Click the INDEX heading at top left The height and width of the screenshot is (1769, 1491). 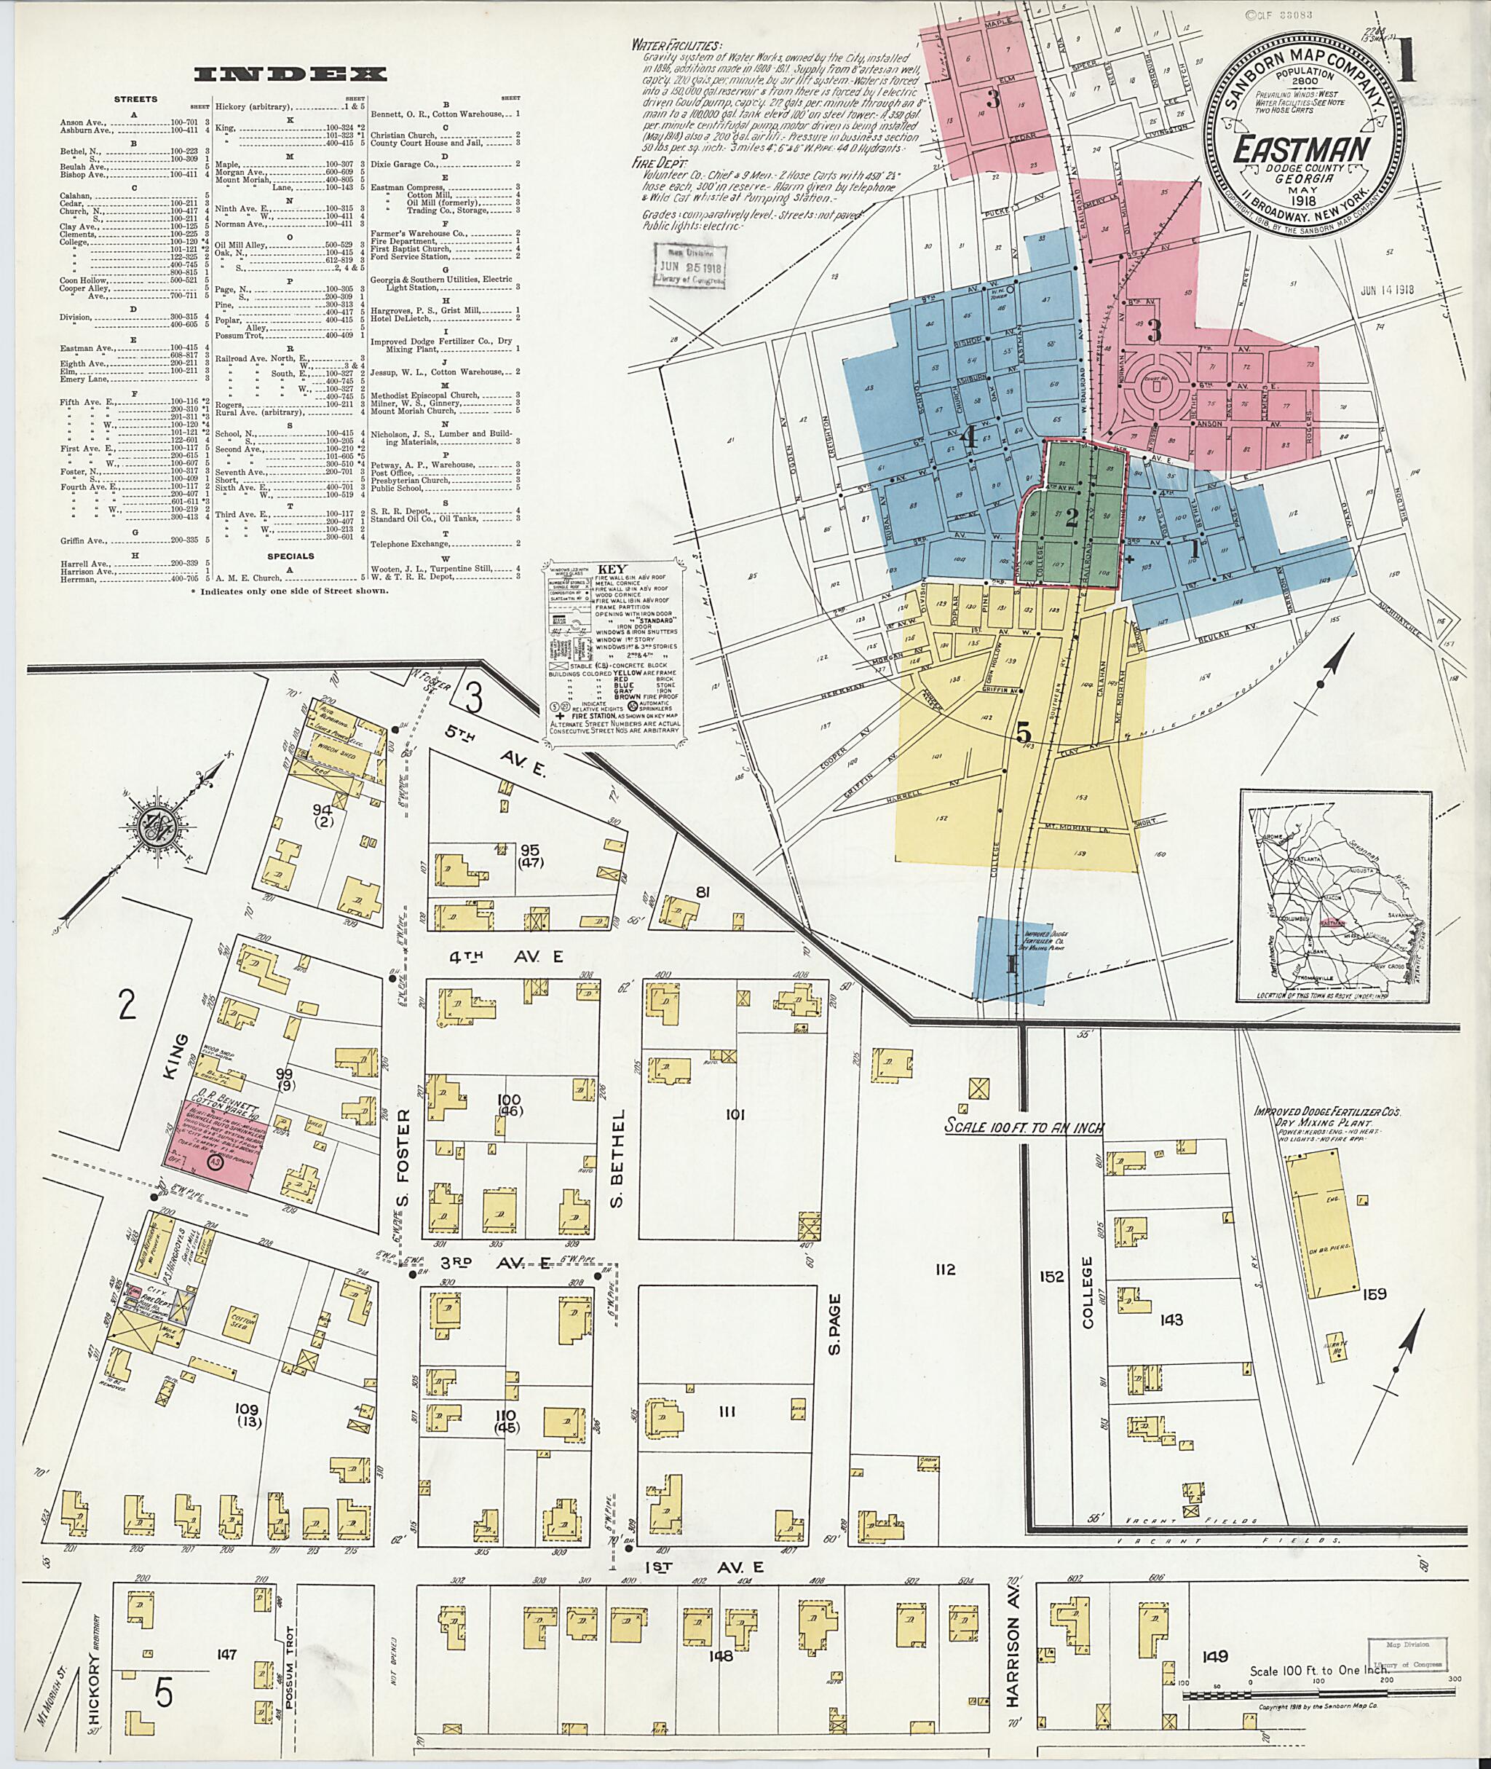click(x=290, y=75)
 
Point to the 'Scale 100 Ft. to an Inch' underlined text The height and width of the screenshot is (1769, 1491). click(x=1024, y=1127)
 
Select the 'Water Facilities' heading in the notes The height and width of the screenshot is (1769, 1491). click(x=676, y=45)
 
